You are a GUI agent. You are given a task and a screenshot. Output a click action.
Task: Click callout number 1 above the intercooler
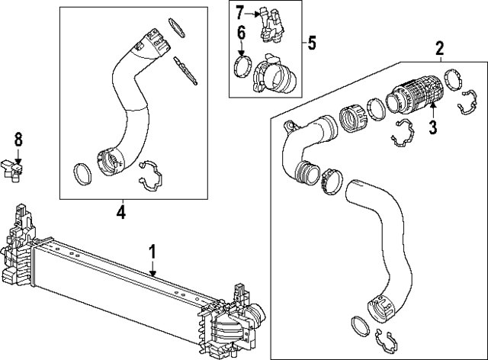click(x=152, y=249)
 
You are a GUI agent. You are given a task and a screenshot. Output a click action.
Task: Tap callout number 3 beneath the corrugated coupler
click(x=432, y=127)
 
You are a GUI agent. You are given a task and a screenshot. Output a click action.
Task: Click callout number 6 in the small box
click(x=240, y=33)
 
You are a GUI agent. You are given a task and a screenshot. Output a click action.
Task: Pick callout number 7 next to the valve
click(x=239, y=12)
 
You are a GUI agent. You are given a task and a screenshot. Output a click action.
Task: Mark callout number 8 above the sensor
click(x=19, y=139)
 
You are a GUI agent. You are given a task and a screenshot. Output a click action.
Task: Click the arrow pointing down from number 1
click(x=152, y=268)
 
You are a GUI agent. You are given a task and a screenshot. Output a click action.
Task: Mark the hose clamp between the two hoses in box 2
click(x=332, y=182)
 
